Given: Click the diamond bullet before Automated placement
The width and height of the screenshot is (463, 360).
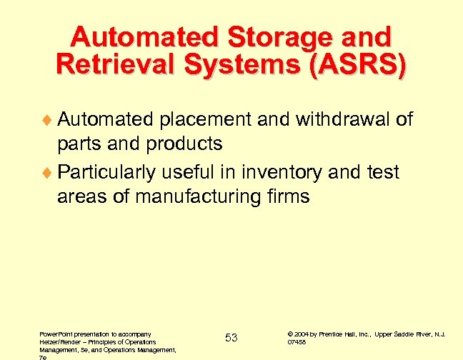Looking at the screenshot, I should coord(49,120).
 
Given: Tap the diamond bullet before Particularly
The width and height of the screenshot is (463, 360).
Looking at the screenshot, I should coord(49,173).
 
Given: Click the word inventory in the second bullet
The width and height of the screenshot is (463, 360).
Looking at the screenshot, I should coord(275,172).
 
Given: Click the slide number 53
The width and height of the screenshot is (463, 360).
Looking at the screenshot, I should coord(231,337).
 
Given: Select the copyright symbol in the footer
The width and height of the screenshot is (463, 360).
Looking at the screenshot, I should coord(289,334).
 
